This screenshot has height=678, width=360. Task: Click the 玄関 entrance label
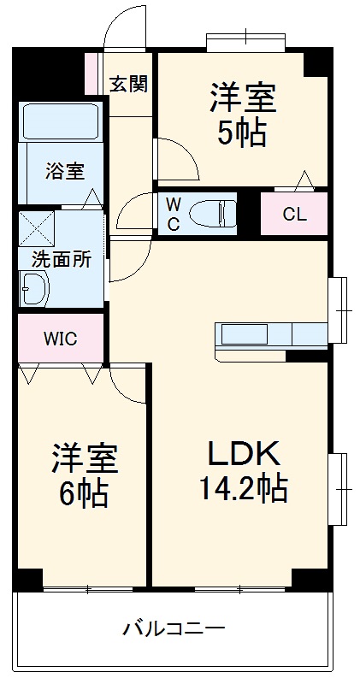pyautogui.click(x=128, y=84)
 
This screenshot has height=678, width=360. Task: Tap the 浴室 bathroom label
pyautogui.click(x=65, y=169)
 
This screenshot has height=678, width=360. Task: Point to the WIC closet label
pyautogui.click(x=61, y=338)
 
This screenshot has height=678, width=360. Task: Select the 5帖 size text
pyautogui.click(x=243, y=134)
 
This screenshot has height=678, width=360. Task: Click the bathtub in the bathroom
pyautogui.click(x=62, y=121)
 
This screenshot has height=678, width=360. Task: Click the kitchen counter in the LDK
pyautogui.click(x=269, y=333)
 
